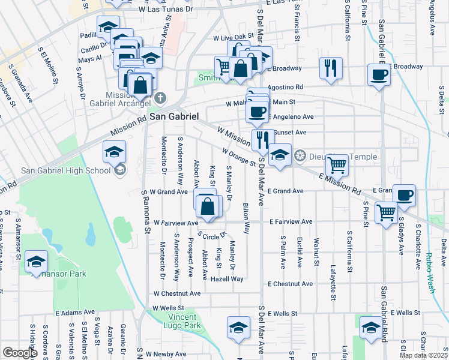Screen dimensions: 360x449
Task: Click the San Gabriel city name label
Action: (173, 116)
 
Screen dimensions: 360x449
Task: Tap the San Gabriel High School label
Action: (65, 170)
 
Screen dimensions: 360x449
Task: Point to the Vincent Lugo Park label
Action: (184, 321)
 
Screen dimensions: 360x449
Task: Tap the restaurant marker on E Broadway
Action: (330, 68)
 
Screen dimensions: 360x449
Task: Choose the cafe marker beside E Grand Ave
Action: (405, 195)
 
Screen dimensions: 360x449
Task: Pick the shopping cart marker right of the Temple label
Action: (337, 164)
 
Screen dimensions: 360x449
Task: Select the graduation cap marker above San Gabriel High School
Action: (114, 152)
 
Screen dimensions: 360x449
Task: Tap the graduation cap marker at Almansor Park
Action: (36, 261)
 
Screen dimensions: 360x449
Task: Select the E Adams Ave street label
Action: (75, 313)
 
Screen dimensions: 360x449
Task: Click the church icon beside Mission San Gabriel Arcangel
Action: (160, 98)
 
